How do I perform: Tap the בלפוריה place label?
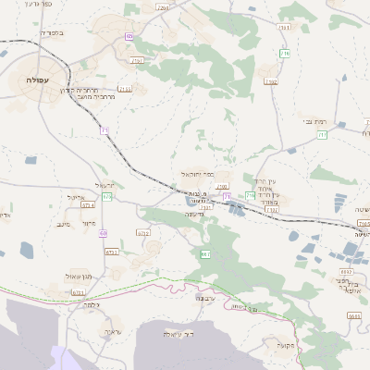tap(53, 33)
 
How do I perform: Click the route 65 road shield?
tap(129, 36)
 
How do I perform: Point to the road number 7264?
tap(163, 6)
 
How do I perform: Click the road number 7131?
tap(125, 89)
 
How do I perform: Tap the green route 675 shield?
tap(108, 196)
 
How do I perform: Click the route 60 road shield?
tap(103, 233)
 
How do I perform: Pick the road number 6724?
tap(143, 233)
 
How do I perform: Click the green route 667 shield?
tap(204, 253)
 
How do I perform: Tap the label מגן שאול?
tap(77, 277)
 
